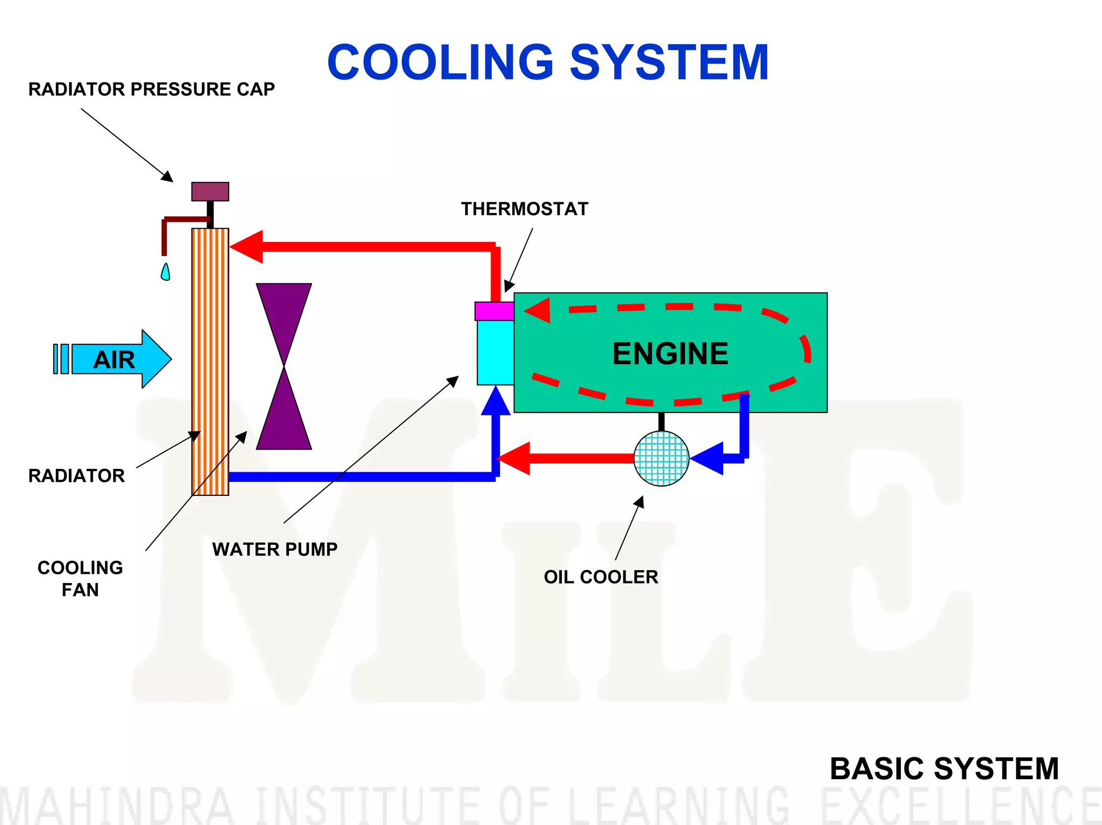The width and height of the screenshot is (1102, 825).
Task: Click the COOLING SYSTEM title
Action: (x=548, y=62)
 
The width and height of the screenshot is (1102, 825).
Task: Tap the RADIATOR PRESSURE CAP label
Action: (x=151, y=89)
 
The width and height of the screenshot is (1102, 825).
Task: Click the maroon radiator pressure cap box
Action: (x=210, y=191)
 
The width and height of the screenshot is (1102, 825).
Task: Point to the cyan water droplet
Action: (x=166, y=272)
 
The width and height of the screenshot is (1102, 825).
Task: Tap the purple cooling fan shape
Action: (x=284, y=366)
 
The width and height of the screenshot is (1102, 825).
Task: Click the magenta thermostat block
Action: (x=494, y=311)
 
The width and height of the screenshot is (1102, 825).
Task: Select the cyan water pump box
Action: (x=495, y=352)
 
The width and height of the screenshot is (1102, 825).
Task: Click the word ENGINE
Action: (x=670, y=354)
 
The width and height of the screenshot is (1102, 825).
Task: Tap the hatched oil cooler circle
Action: (x=661, y=459)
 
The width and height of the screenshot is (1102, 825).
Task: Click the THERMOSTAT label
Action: (x=525, y=209)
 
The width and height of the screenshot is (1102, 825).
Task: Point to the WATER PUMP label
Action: (x=275, y=550)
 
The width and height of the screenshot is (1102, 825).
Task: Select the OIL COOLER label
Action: (x=601, y=577)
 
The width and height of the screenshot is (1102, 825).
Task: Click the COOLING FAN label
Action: (x=80, y=579)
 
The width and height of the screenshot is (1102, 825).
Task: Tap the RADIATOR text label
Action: (x=76, y=476)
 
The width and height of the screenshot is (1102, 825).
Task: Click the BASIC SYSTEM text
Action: (x=944, y=769)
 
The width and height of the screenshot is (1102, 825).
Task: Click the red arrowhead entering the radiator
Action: (x=247, y=247)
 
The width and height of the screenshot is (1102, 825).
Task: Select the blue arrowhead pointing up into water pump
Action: (x=496, y=401)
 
